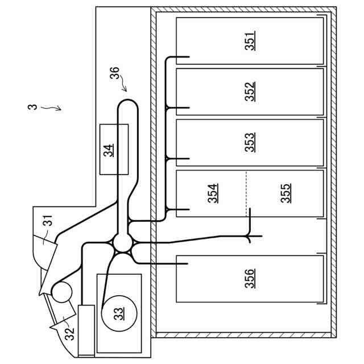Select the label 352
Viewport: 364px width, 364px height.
click(x=250, y=92)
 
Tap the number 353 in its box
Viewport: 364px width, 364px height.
click(x=250, y=142)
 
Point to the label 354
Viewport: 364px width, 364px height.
click(x=213, y=193)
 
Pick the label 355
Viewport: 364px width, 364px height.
click(x=286, y=193)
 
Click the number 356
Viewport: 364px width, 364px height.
click(x=250, y=278)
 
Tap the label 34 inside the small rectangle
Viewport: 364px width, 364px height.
click(x=109, y=150)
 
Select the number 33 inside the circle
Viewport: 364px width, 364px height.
click(x=119, y=313)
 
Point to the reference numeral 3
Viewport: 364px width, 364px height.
click(x=35, y=106)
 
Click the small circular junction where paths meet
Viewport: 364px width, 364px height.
click(x=122, y=243)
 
